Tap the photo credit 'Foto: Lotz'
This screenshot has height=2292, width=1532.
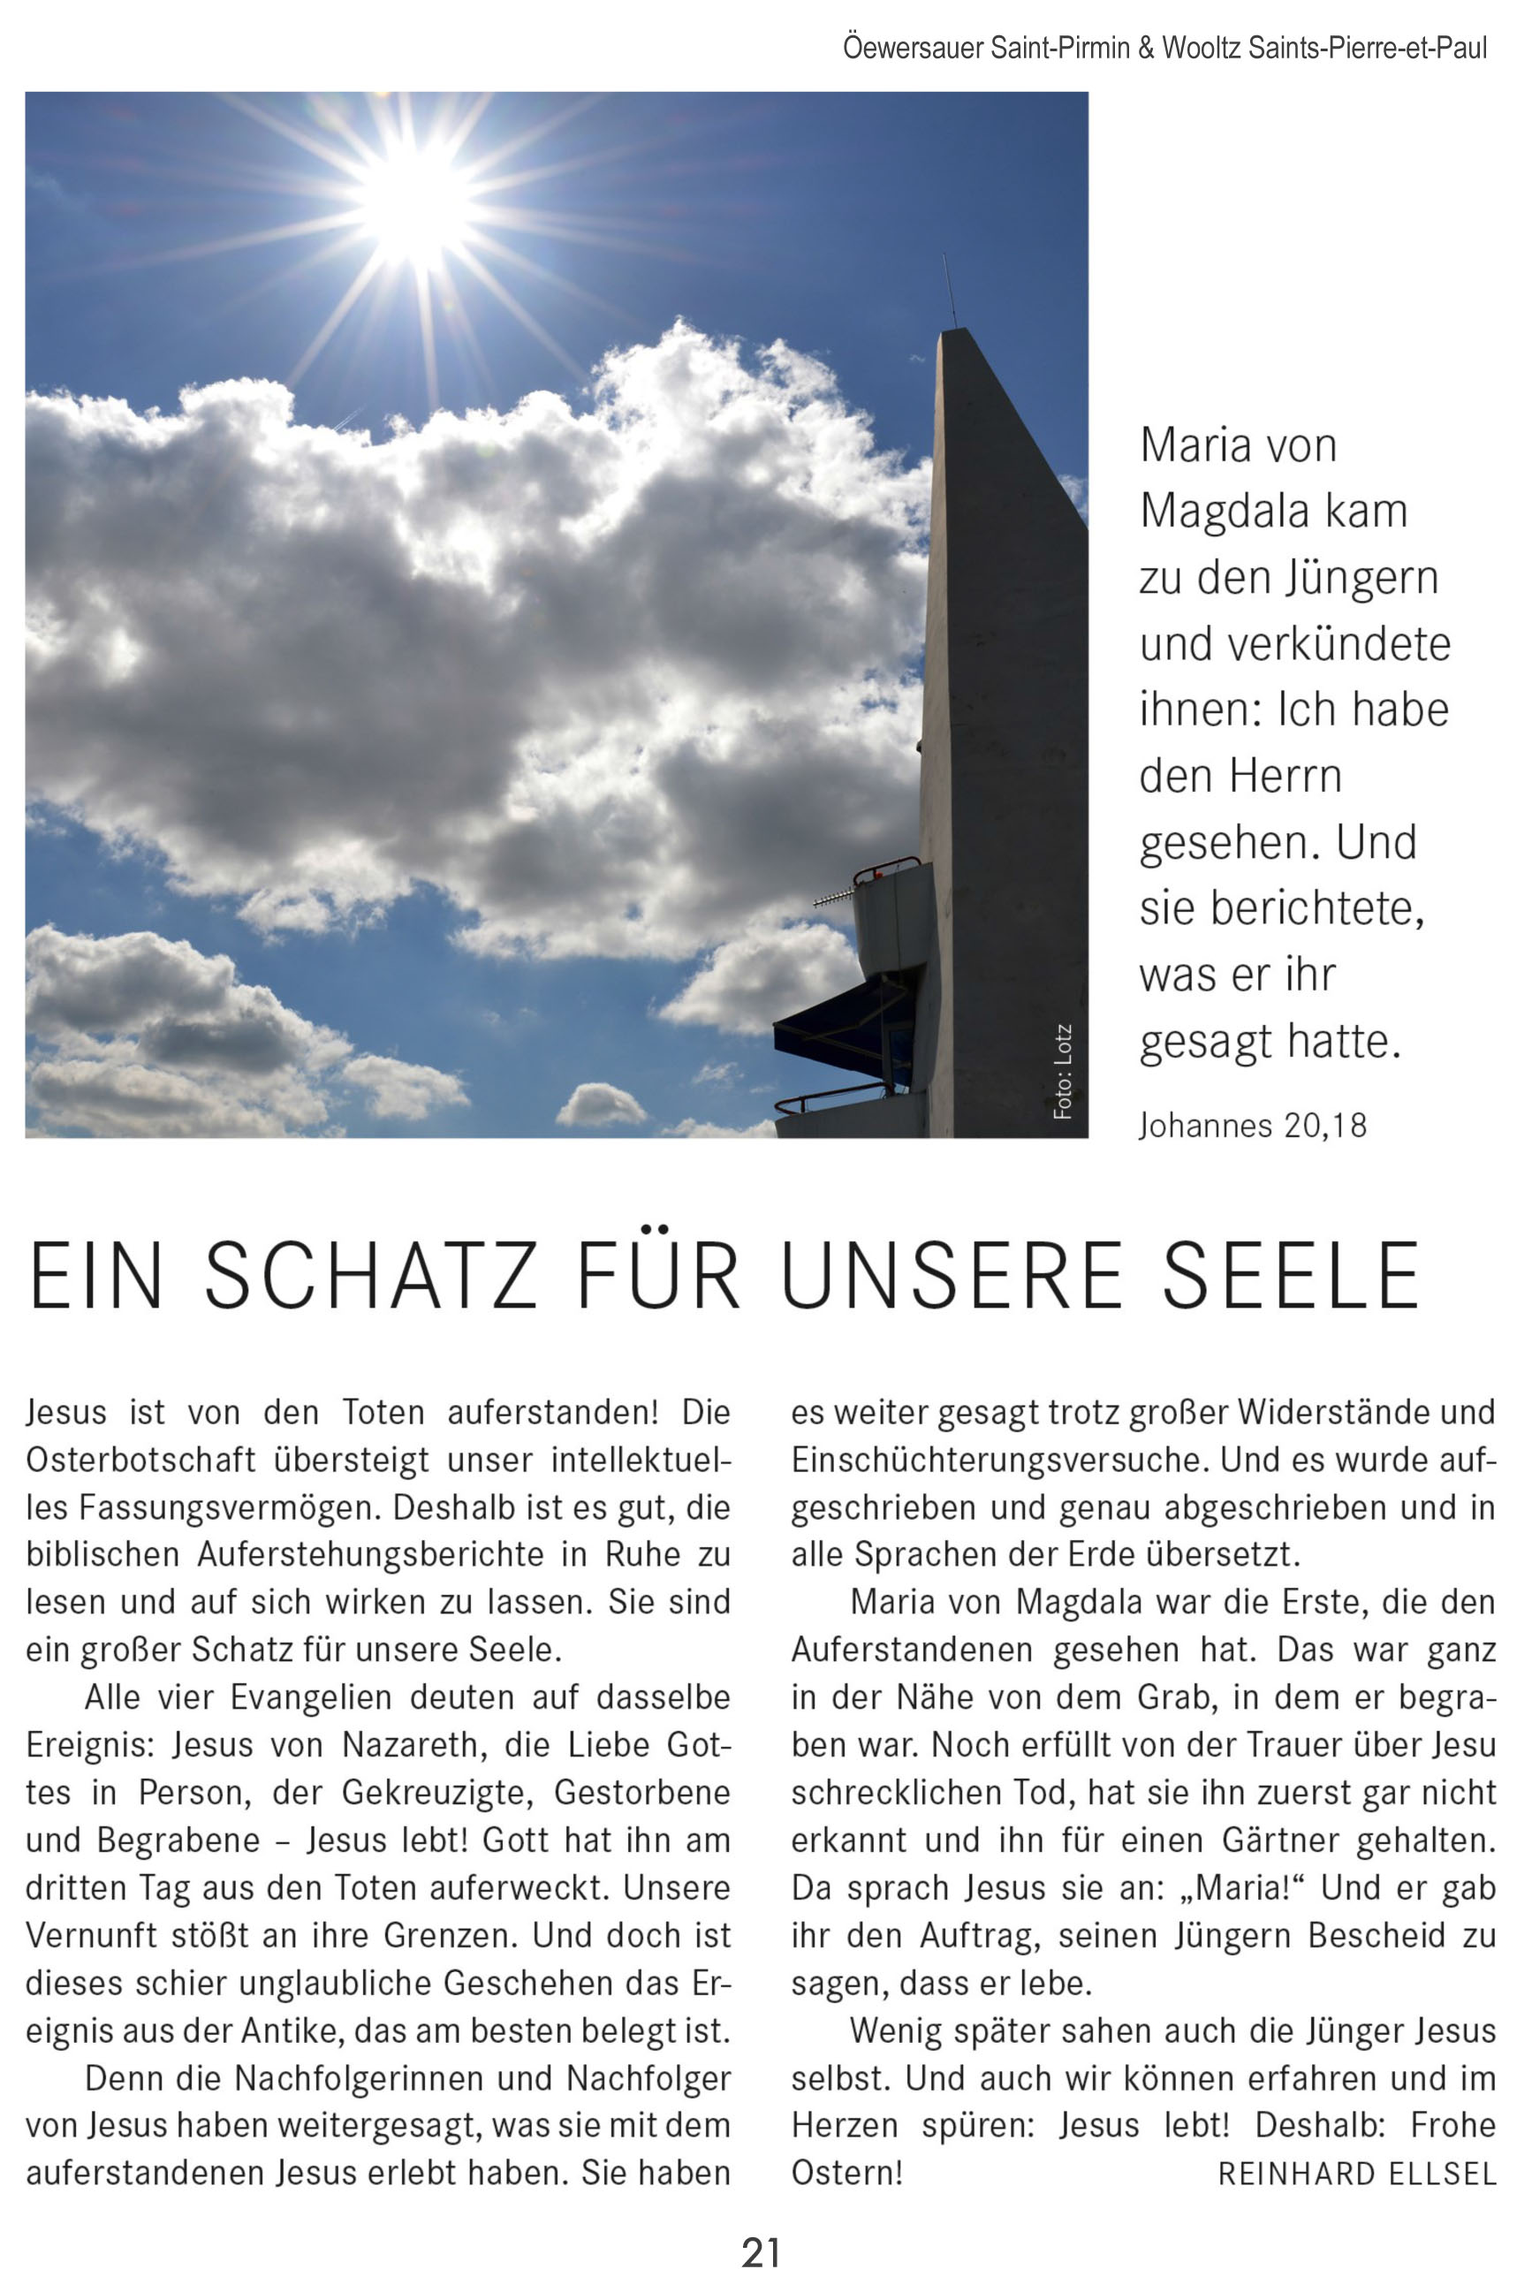[1063, 1072]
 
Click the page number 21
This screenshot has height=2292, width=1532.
[761, 2253]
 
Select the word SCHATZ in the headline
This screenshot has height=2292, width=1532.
[371, 1276]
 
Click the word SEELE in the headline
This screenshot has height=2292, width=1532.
[1291, 1276]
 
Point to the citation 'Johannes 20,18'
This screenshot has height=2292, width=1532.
[1253, 1126]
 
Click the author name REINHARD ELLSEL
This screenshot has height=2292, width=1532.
[1357, 2174]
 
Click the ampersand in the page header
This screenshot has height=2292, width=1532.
[1146, 48]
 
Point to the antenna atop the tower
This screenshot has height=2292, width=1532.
[949, 292]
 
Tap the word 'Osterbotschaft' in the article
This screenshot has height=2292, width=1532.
[140, 1460]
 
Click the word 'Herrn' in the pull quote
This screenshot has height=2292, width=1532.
[1285, 777]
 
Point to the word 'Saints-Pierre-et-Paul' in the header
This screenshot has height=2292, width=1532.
[1368, 48]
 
